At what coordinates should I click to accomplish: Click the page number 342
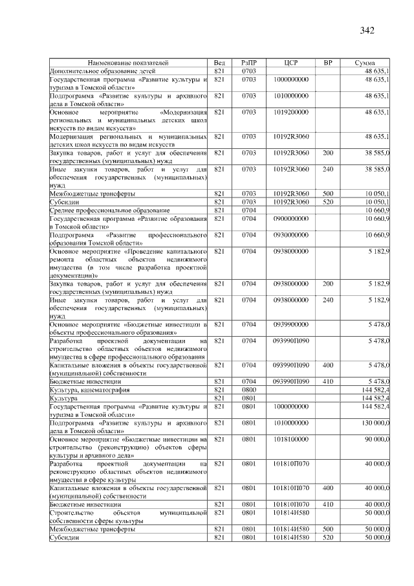click(x=367, y=30)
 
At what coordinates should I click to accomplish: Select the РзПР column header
click(x=249, y=63)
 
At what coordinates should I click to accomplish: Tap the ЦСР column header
click(x=290, y=63)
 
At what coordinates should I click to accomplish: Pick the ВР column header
click(x=328, y=63)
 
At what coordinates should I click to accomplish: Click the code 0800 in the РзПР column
click(x=249, y=390)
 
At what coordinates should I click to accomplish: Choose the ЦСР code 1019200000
click(x=290, y=112)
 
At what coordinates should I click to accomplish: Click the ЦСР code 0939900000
click(x=290, y=323)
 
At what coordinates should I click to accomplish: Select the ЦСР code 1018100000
click(x=290, y=439)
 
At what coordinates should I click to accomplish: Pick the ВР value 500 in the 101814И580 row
click(x=328, y=529)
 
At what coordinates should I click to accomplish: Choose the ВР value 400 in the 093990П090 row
click(x=328, y=365)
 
